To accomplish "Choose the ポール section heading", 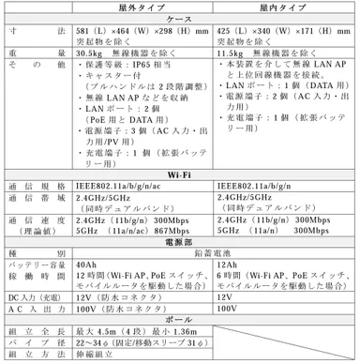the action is pyautogui.click(x=180, y=319).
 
